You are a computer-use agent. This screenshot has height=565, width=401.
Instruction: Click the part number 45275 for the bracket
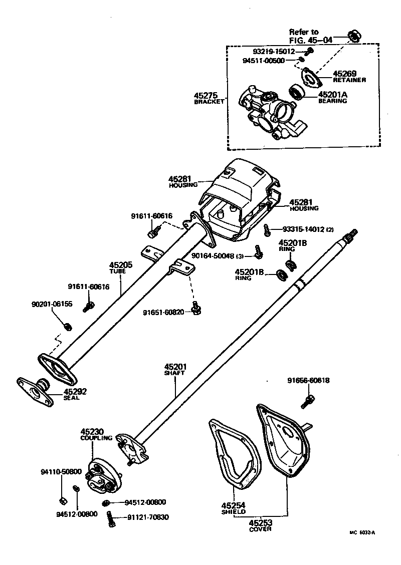click(x=208, y=95)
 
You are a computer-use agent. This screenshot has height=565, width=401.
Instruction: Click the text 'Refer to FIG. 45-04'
click(x=310, y=36)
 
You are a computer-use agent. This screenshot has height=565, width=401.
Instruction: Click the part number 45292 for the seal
click(x=75, y=391)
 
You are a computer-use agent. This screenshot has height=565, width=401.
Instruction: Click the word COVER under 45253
click(x=260, y=529)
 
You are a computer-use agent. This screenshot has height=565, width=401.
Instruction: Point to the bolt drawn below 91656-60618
click(x=307, y=401)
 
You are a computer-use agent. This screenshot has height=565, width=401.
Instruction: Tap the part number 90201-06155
click(x=52, y=304)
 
